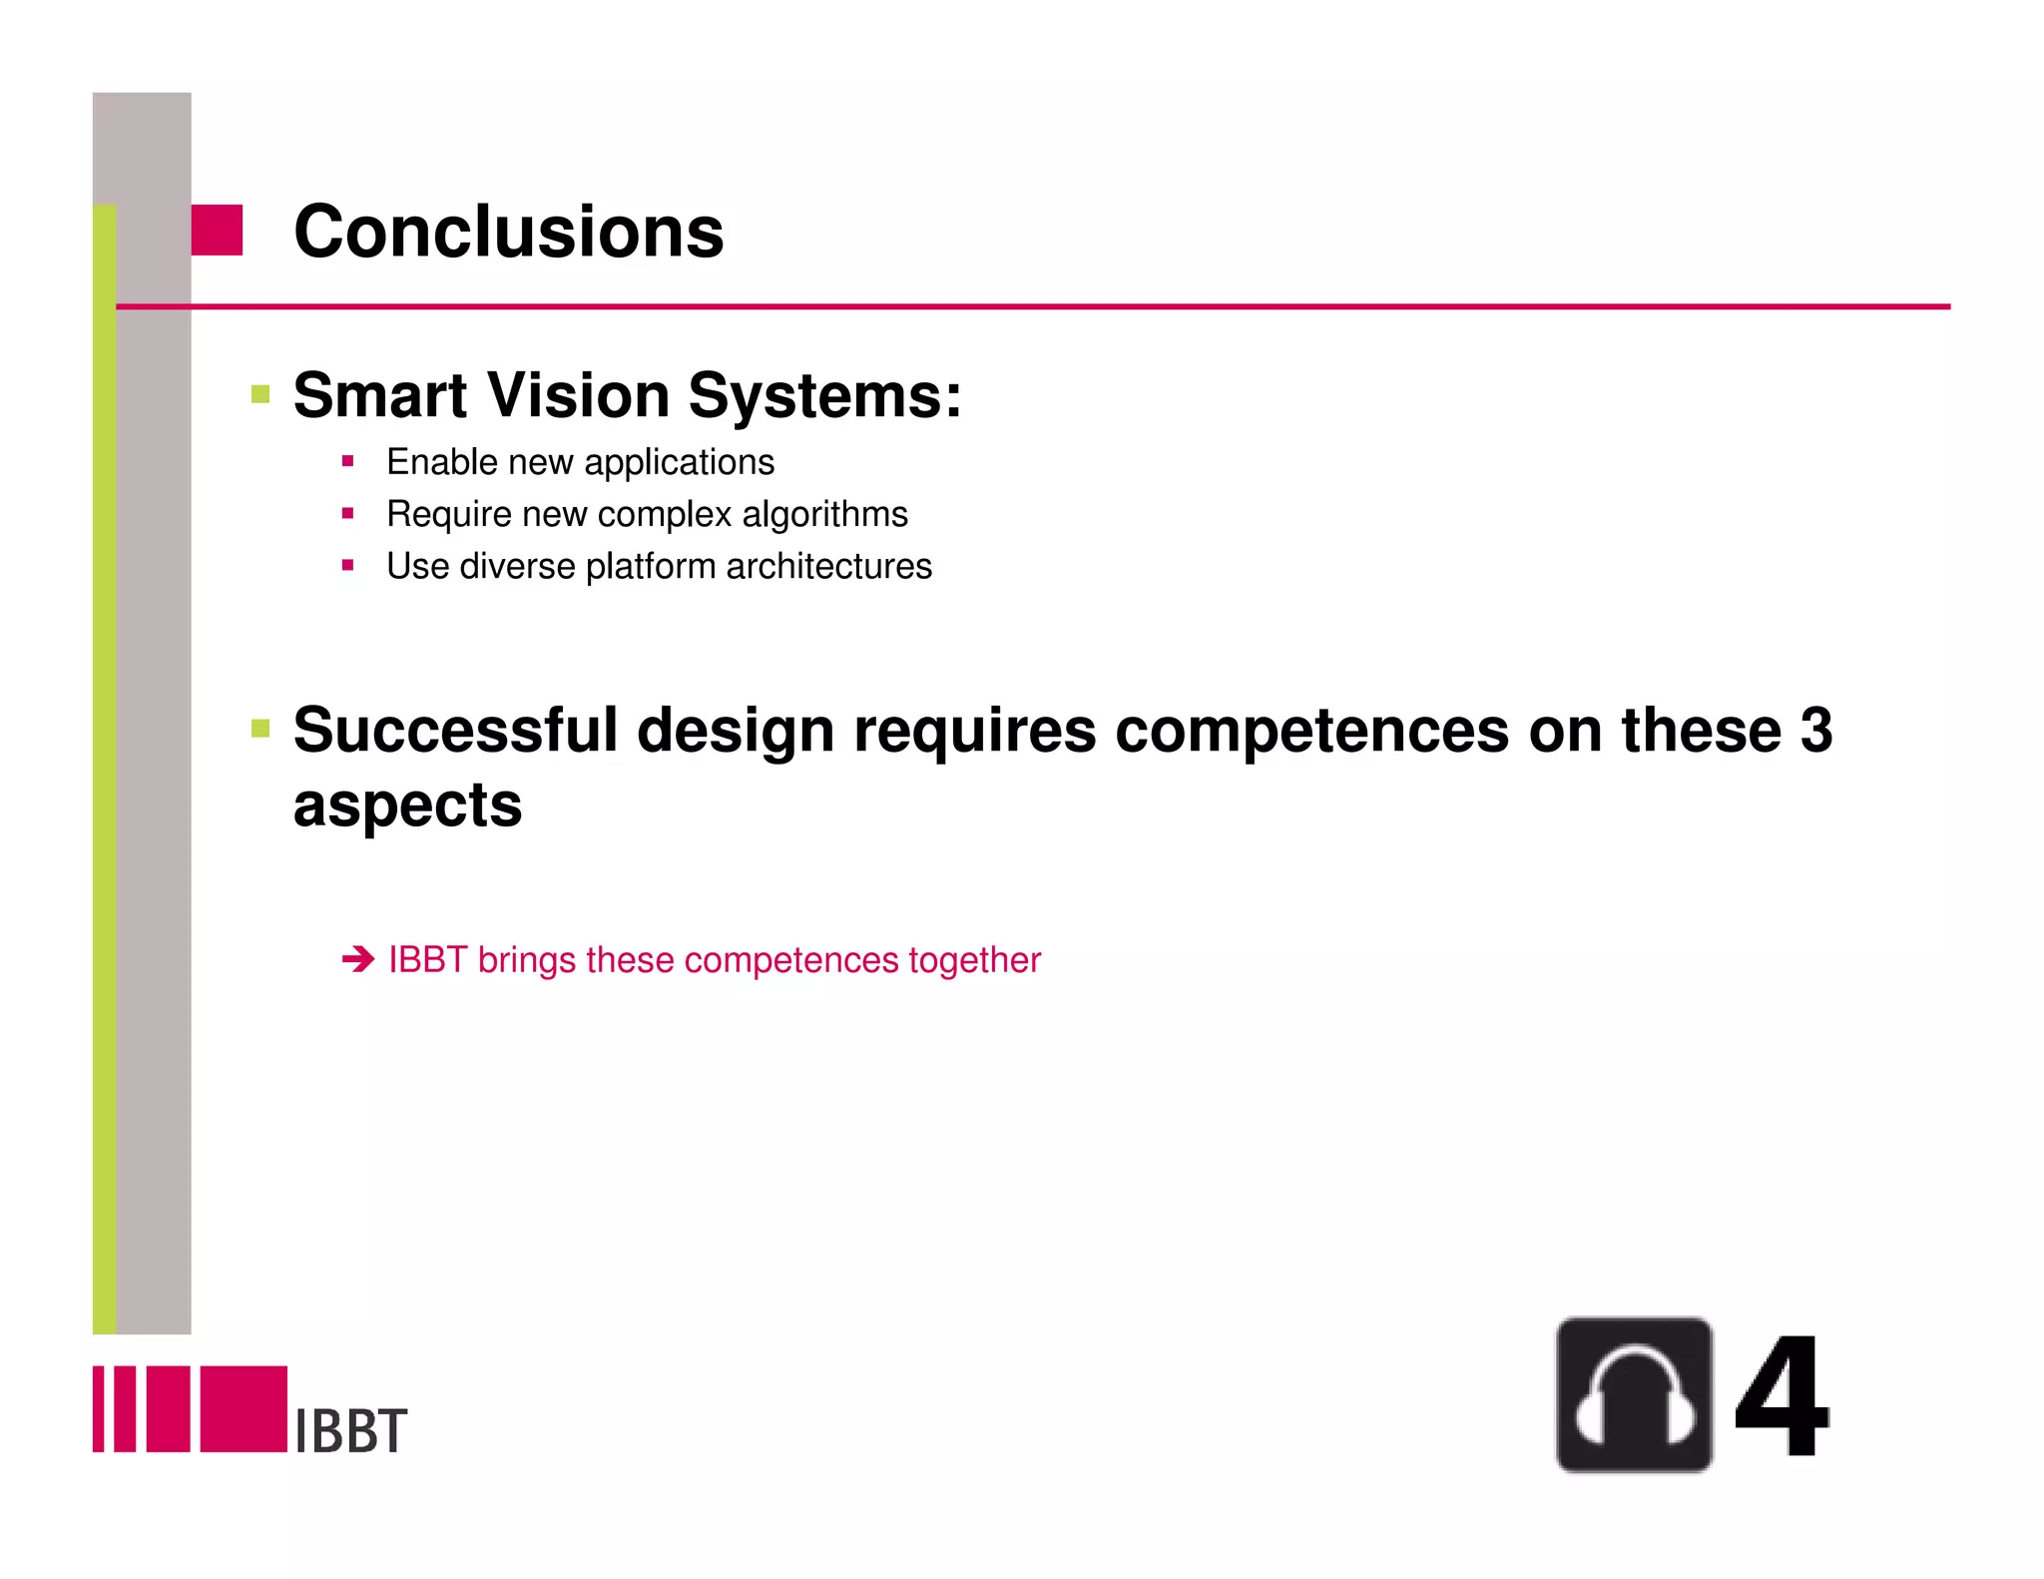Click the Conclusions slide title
point(508,232)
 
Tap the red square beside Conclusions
point(217,230)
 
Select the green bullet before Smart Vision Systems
point(260,394)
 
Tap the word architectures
point(828,566)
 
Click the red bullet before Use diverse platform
point(347,565)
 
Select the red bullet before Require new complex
point(347,513)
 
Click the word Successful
point(455,730)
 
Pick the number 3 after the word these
point(1815,730)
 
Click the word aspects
point(407,804)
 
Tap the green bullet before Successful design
point(260,729)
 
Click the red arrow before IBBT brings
point(357,959)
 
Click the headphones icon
point(1634,1394)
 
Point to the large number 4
point(1782,1397)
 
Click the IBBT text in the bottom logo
point(351,1430)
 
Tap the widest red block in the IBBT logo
point(244,1408)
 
